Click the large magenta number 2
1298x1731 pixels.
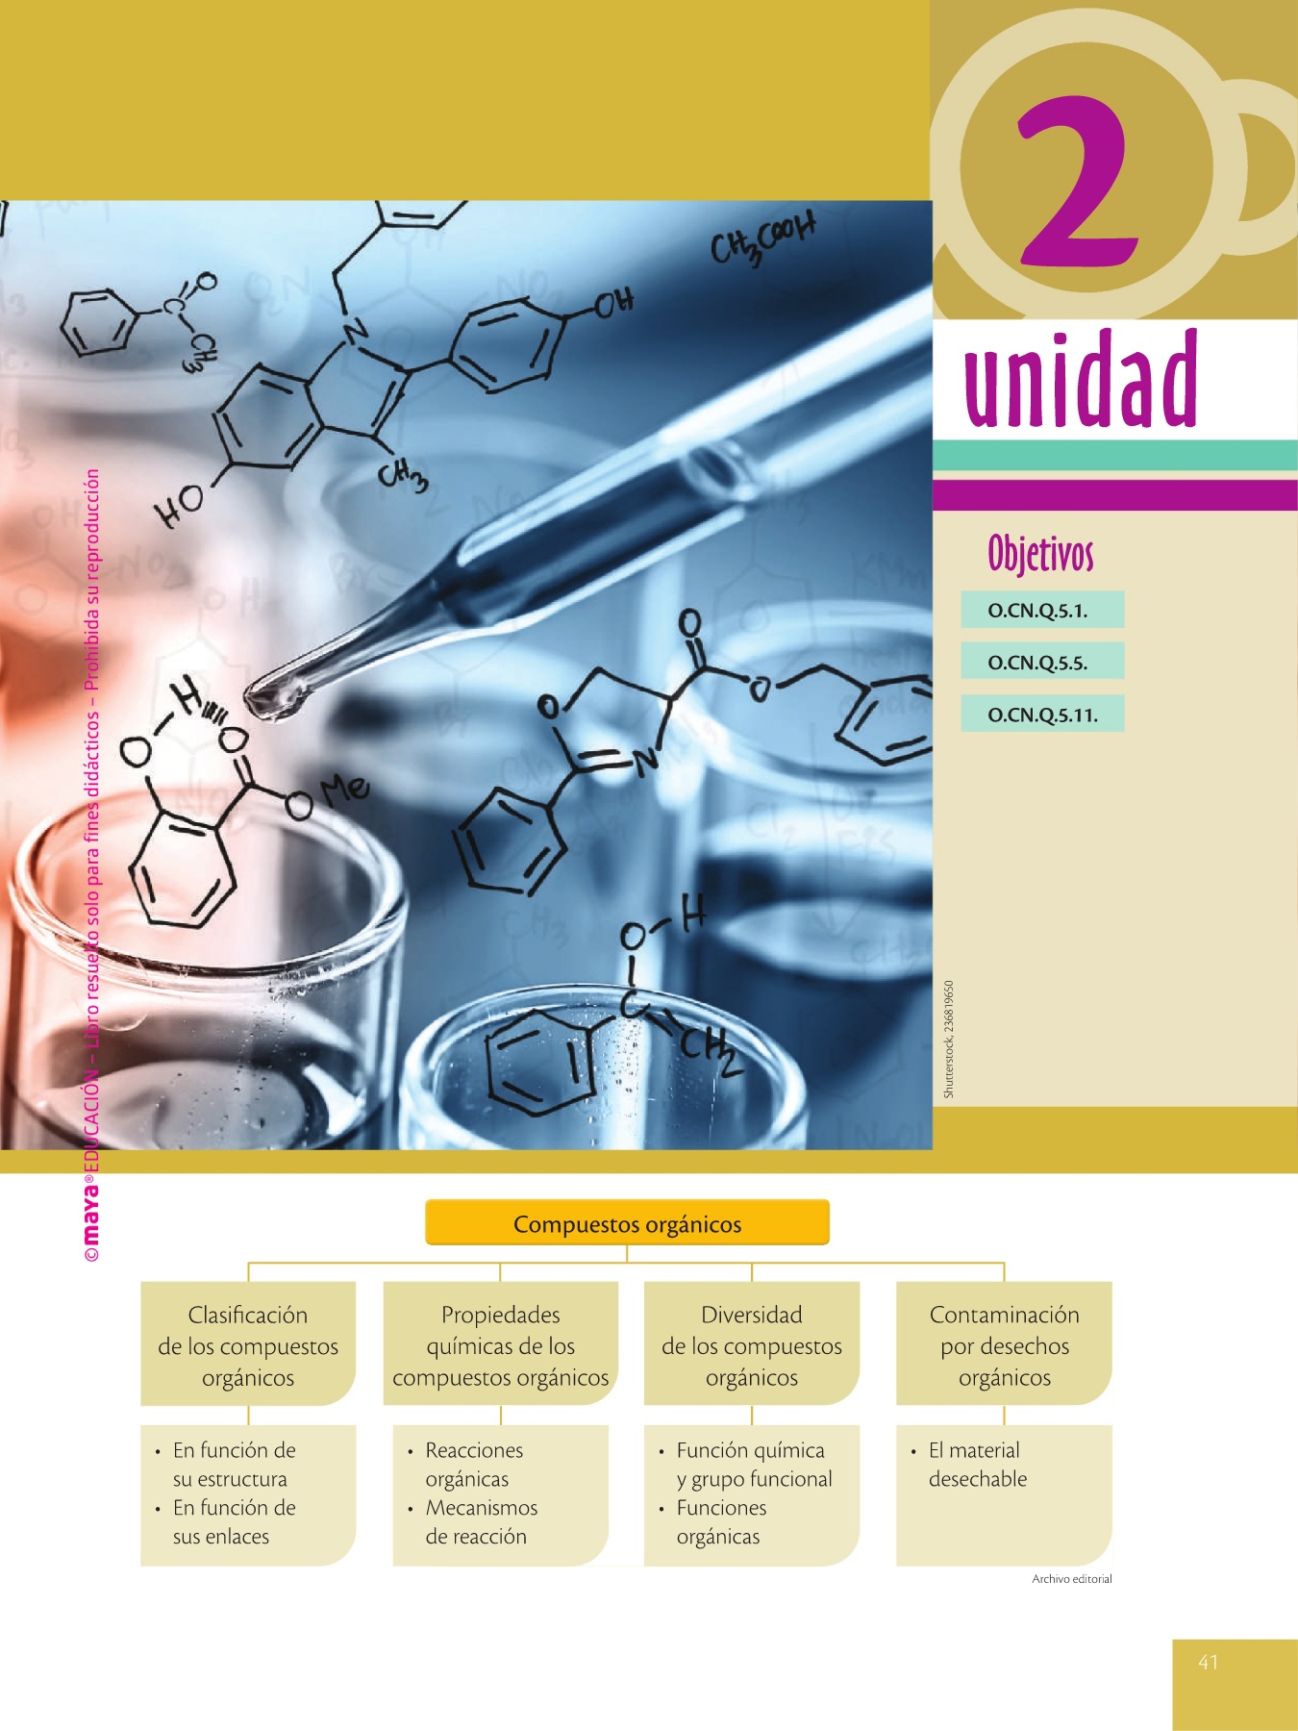(x=1080, y=183)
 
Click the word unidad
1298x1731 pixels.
(x=1081, y=380)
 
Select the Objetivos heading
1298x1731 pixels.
(x=1040, y=554)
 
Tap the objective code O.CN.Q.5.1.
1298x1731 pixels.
(x=1038, y=611)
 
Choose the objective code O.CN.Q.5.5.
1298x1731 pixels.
(x=1038, y=663)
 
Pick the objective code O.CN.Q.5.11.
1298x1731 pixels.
(x=1042, y=715)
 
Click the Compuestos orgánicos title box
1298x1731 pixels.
(x=627, y=1224)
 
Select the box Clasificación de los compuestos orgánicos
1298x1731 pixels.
(x=248, y=1345)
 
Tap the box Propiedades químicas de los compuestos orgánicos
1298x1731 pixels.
(x=500, y=1345)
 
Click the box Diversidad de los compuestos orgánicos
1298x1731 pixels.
(x=751, y=1345)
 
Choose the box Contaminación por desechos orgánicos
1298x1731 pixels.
(x=1004, y=1345)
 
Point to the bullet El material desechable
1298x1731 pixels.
(x=976, y=1465)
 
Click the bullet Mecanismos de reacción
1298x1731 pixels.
(x=480, y=1522)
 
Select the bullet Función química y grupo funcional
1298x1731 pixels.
(x=753, y=1465)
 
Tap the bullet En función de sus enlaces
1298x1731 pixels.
(x=234, y=1522)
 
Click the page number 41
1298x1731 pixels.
(x=1209, y=1662)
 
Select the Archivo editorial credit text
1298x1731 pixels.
(x=1071, y=1579)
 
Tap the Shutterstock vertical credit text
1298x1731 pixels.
(x=949, y=1039)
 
